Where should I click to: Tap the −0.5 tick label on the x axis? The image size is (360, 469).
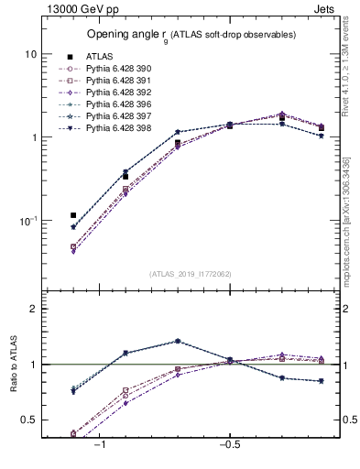coord(229,444)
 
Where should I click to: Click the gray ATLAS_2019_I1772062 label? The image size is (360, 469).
coord(191,273)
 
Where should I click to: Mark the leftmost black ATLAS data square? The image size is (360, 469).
coord(73,215)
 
